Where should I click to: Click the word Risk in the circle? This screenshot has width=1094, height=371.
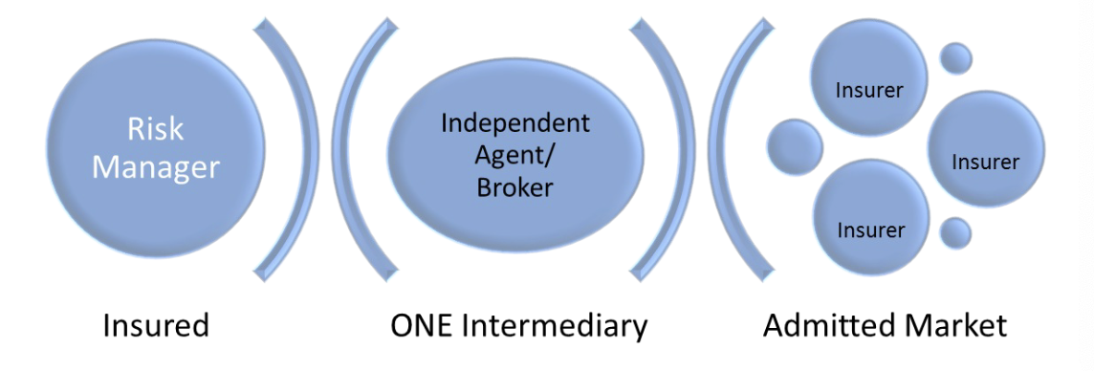pyautogui.click(x=156, y=129)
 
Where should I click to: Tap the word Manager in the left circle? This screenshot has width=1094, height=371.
pyautogui.click(x=156, y=167)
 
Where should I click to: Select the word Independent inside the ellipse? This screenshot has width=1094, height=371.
pyautogui.click(x=515, y=123)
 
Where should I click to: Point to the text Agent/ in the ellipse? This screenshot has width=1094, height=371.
pyautogui.click(x=515, y=155)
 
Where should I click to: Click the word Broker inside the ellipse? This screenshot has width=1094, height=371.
pyautogui.click(x=515, y=186)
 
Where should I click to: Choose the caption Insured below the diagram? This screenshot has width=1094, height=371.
pyautogui.click(x=156, y=326)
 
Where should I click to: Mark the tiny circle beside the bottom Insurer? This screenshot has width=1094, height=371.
pyautogui.click(x=955, y=232)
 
